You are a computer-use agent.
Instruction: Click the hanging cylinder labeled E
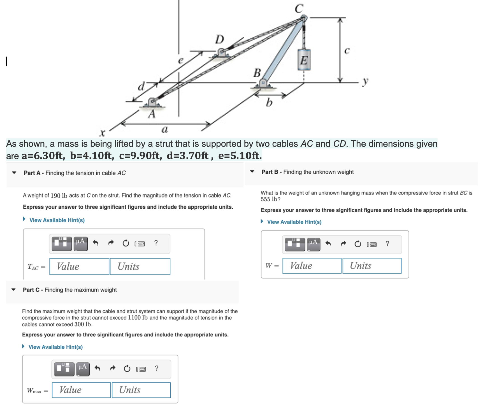[304, 59]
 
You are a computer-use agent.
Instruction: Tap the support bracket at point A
[152, 103]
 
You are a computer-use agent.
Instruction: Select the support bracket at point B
[263, 84]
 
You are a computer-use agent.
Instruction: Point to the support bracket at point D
[221, 53]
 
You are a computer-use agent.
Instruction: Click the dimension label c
[347, 50]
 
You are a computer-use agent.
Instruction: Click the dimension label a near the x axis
[164, 129]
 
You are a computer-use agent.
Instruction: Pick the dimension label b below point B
[269, 103]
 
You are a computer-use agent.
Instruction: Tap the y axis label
[365, 82]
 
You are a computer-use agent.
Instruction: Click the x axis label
[103, 132]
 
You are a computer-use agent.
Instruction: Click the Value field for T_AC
[79, 266]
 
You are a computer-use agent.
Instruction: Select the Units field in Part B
[372, 266]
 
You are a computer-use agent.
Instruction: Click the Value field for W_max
[81, 390]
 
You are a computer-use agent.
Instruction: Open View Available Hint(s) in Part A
[57, 220]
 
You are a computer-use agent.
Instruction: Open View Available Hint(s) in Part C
[55, 347]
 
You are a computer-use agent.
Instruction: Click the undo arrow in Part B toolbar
[328, 244]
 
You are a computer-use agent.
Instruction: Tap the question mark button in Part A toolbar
[156, 243]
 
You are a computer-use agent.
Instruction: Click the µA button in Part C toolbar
[83, 368]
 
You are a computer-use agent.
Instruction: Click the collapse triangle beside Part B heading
[252, 171]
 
